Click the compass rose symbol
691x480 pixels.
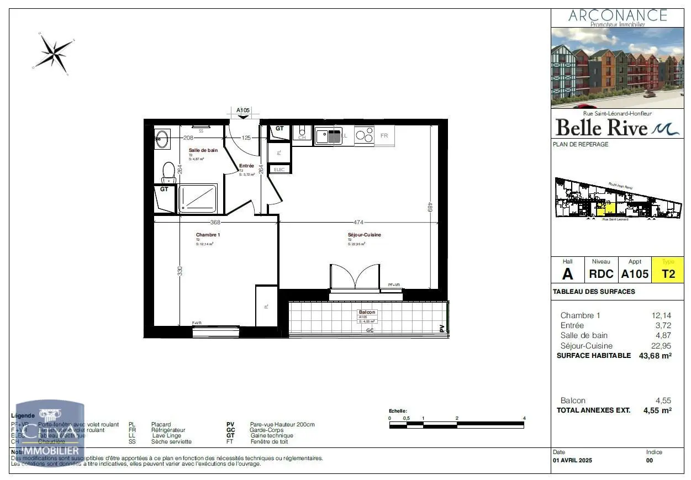pos(54,53)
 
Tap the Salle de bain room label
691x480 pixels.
pos(203,150)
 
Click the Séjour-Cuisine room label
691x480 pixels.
pos(364,235)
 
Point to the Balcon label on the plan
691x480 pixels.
pos(367,312)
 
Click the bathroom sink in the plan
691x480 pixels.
pos(162,139)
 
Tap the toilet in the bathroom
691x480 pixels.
pos(168,172)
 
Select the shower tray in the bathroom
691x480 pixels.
pos(197,198)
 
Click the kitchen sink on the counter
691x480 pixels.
pos(328,135)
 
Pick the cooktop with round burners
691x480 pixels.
pos(364,135)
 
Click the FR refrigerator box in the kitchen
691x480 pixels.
pos(384,136)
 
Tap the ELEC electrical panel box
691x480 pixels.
pos(279,170)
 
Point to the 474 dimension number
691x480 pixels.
pos(358,223)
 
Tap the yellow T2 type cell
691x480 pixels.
pos(668,274)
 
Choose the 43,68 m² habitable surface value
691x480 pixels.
pos(655,356)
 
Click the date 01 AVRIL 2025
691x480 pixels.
pos(572,460)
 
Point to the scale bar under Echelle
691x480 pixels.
pos(457,425)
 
